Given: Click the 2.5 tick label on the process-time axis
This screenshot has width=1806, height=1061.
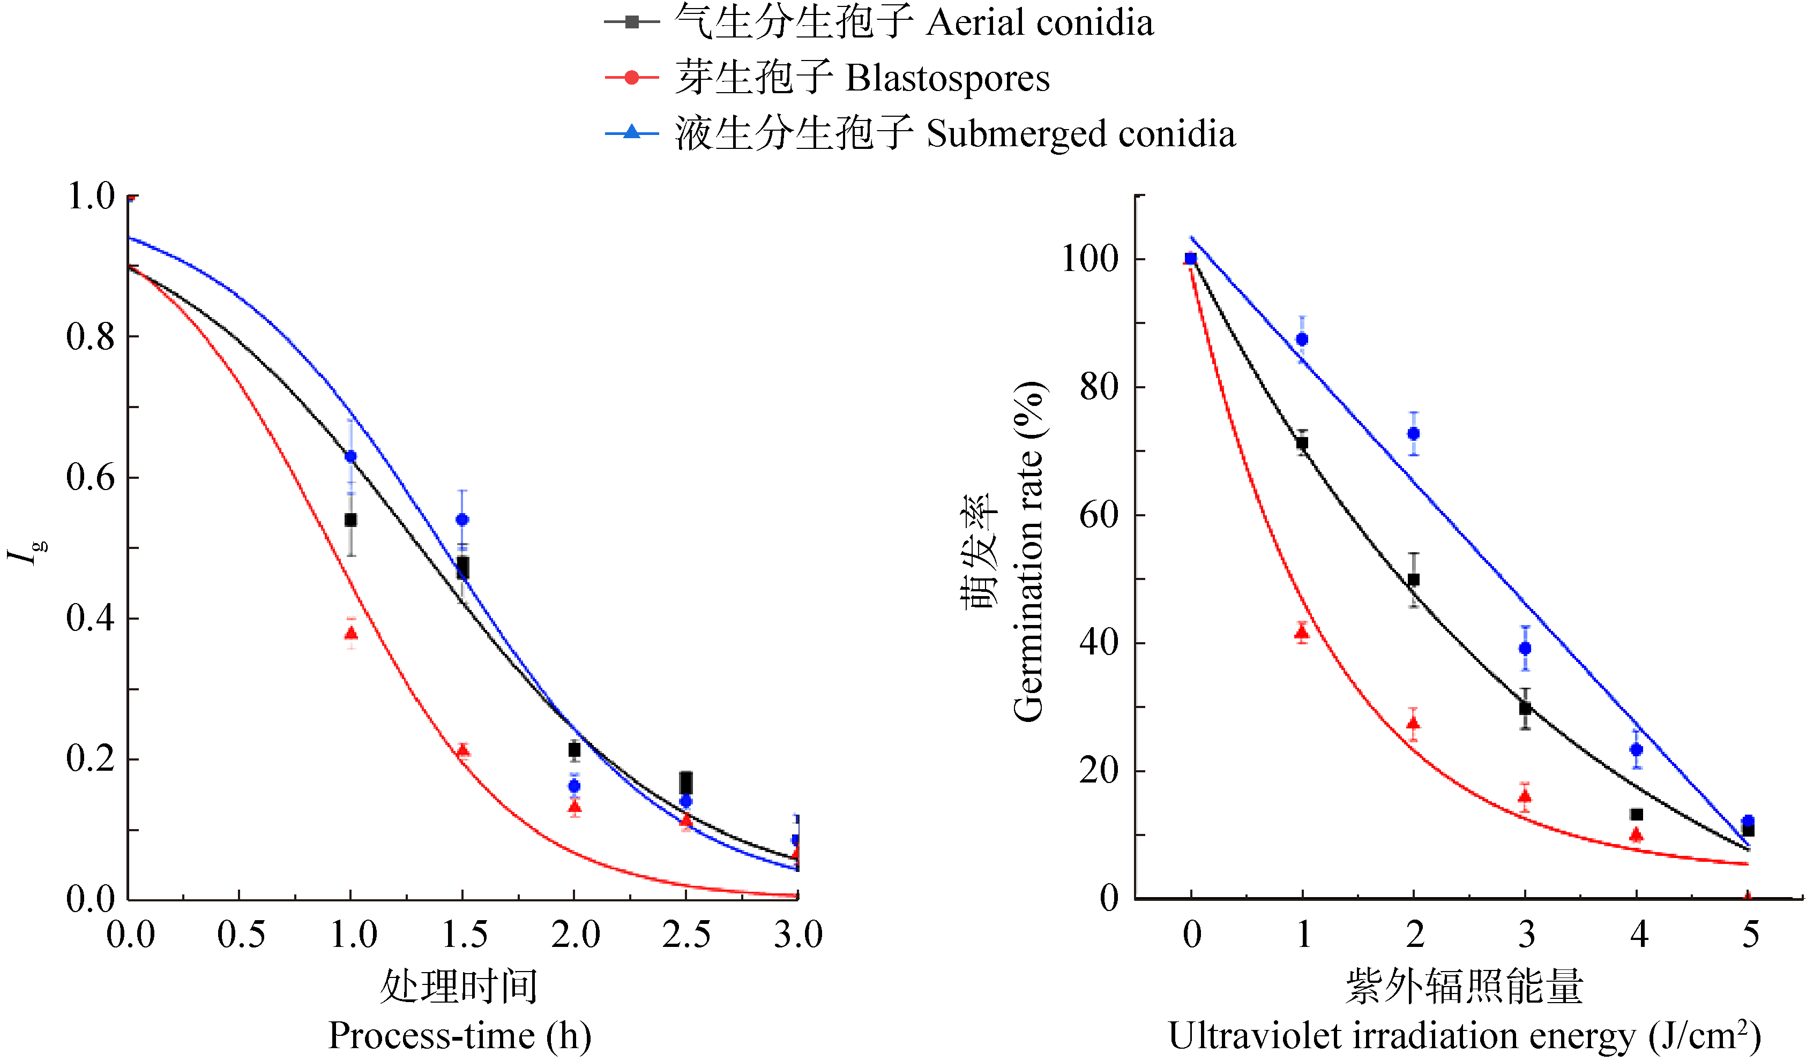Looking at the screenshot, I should (x=686, y=934).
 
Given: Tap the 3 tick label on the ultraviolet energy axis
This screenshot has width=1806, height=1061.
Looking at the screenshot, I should (x=1526, y=934).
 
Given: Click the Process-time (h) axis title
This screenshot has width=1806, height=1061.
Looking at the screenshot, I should (x=459, y=1036).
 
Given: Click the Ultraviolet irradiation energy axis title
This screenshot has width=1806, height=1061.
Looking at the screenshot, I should (x=1464, y=1036).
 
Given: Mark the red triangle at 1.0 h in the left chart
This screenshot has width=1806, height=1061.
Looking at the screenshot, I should (x=351, y=633).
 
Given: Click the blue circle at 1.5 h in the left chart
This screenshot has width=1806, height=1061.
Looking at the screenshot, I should (x=462, y=520).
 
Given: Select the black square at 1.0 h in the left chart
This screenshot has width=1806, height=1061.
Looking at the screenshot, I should (x=350, y=520).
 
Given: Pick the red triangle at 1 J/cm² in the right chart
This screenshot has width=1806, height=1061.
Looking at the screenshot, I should (x=1302, y=632).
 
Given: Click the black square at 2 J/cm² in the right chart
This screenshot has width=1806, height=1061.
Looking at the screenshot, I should (x=1413, y=580).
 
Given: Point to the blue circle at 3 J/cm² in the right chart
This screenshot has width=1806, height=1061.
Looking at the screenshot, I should (x=1525, y=649).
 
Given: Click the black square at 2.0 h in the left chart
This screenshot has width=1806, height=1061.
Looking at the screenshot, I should (x=574, y=749).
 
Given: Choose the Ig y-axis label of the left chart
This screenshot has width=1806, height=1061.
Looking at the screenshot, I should (x=26, y=552).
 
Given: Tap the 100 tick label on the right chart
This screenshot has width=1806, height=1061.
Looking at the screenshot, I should (x=1089, y=259).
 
